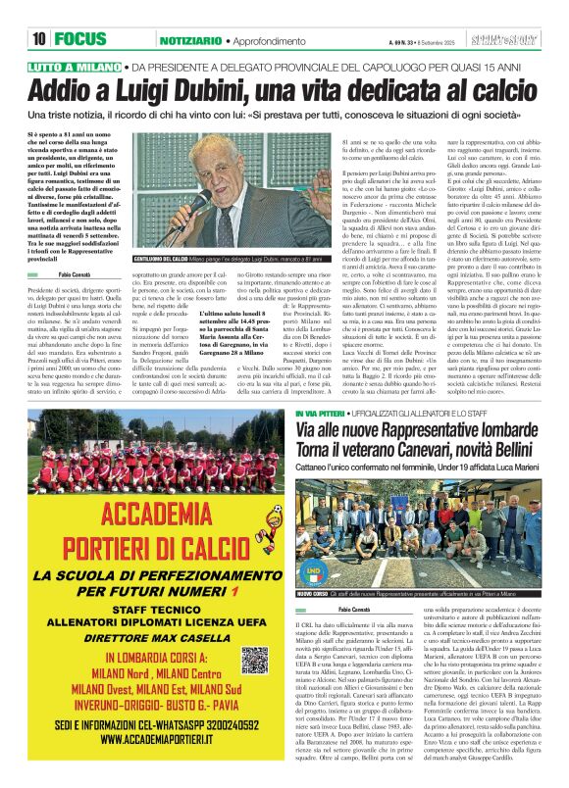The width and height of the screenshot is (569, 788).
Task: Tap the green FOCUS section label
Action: (x=87, y=38)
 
